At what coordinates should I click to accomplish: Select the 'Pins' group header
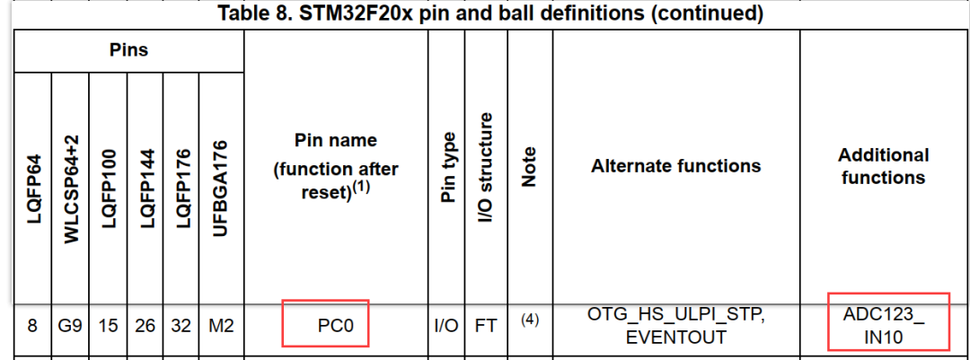point(128,49)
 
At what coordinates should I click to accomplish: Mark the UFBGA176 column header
point(221,188)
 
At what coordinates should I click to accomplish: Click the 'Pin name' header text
point(335,140)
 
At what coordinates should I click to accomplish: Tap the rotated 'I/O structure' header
point(487,168)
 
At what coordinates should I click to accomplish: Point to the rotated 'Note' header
point(530,167)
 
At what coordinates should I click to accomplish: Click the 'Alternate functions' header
point(675,165)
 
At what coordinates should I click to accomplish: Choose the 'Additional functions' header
point(883,166)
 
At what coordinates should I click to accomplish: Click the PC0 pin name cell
point(335,325)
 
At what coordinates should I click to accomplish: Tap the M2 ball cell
point(221,325)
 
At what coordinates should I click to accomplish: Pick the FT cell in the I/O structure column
point(486,325)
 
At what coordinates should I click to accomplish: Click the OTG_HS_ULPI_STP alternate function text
point(676,314)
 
